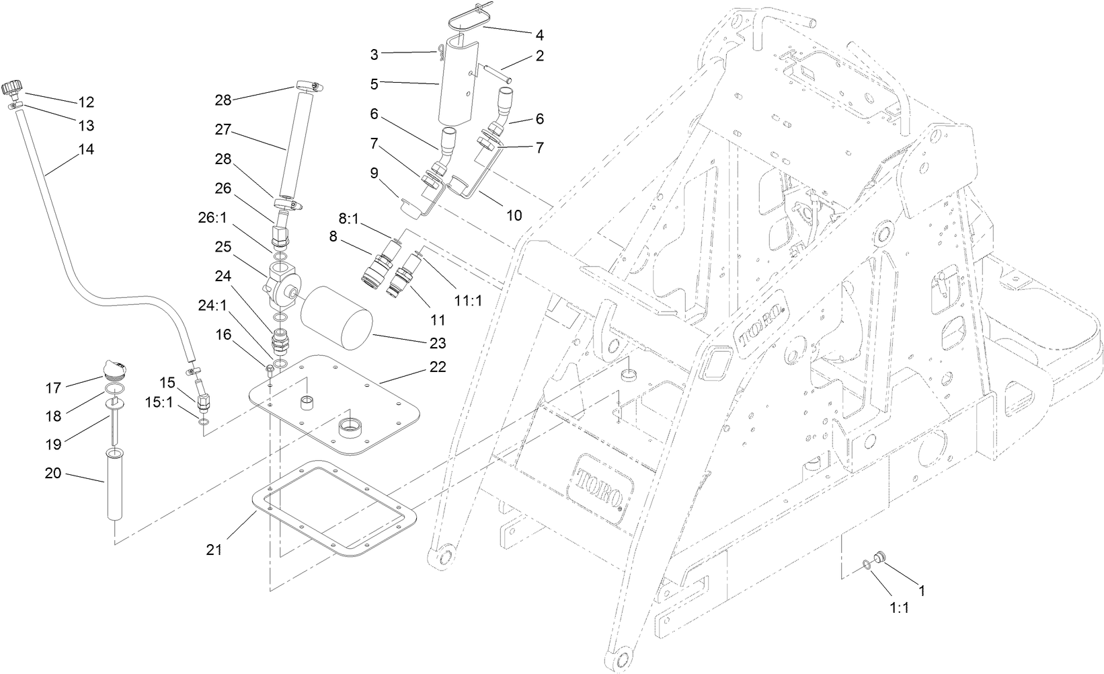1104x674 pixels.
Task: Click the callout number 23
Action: pyautogui.click(x=438, y=343)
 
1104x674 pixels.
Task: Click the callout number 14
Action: pyautogui.click(x=86, y=149)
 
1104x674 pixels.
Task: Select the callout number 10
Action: pyautogui.click(x=514, y=215)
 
